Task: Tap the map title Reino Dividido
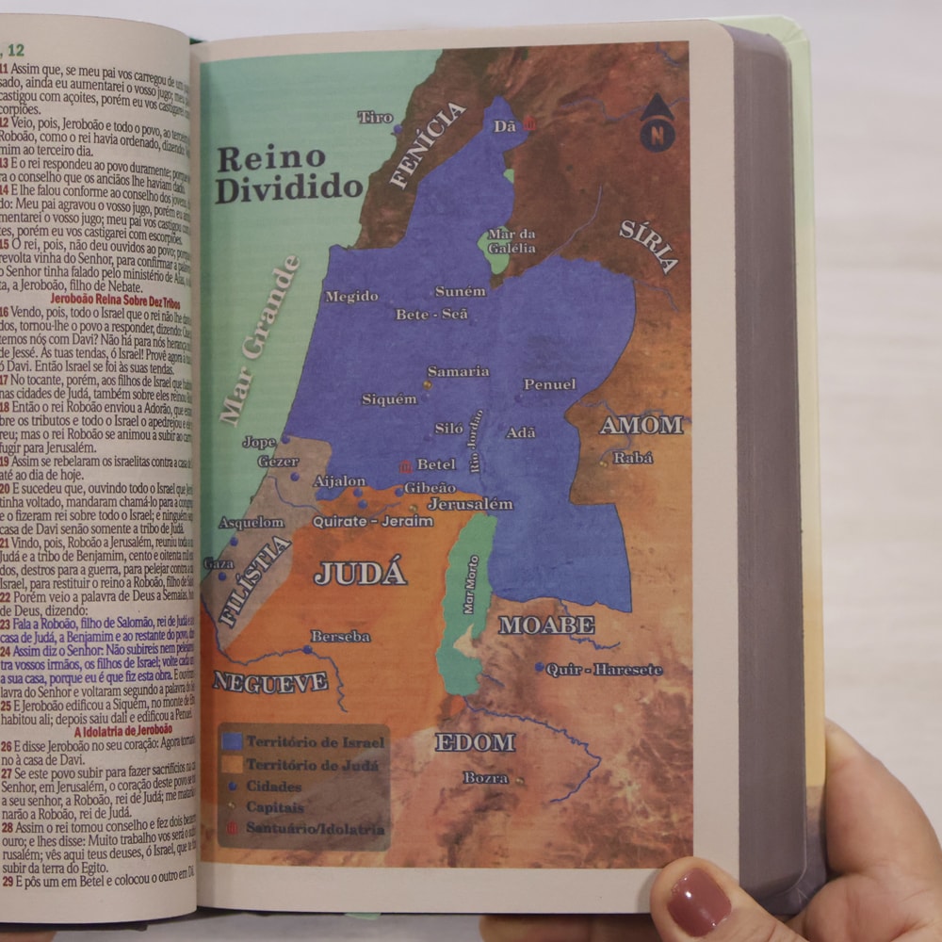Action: click(x=288, y=173)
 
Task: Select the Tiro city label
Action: click(x=375, y=117)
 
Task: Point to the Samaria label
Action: click(x=458, y=371)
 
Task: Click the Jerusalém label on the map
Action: click(x=470, y=504)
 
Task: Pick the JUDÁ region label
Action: click(x=360, y=573)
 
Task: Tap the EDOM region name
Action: click(x=475, y=742)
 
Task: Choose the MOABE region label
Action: click(x=546, y=625)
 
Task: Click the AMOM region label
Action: click(x=642, y=425)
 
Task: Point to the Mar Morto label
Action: click(x=470, y=584)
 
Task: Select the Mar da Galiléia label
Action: click(x=512, y=241)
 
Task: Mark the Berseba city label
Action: click(x=340, y=637)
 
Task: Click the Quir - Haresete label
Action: click(x=605, y=670)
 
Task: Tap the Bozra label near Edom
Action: click(x=485, y=778)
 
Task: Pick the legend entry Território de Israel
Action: click(x=315, y=741)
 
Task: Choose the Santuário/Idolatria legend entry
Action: click(x=315, y=829)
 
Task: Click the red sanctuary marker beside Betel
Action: click(x=405, y=465)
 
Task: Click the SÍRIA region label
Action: click(x=649, y=245)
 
